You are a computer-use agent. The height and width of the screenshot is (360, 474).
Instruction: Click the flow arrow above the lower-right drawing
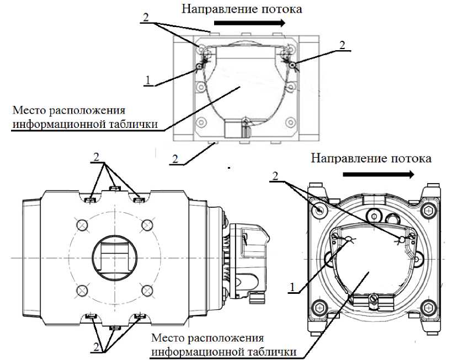pyautogui.click(x=378, y=174)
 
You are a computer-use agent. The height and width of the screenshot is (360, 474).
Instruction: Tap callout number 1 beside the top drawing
pyautogui.click(x=148, y=80)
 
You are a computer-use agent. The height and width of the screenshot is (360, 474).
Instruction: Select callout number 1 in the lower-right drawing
pyautogui.click(x=293, y=286)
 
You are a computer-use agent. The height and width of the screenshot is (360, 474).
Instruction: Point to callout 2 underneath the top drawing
pyautogui.click(x=175, y=159)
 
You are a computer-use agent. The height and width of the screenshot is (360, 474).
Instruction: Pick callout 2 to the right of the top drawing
pyautogui.click(x=343, y=45)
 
